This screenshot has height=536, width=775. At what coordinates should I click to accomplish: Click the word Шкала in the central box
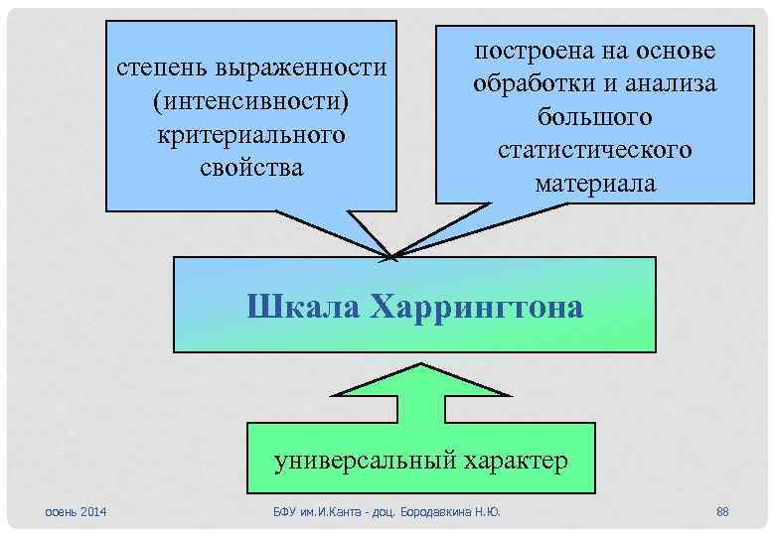point(301,307)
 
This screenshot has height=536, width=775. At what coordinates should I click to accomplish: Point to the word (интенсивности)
point(251,101)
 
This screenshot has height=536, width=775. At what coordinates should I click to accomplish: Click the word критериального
point(251,134)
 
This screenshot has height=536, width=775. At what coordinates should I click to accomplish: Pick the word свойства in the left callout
point(251,167)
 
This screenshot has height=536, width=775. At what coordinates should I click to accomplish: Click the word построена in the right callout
point(535,51)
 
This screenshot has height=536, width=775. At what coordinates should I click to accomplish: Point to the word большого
point(595,117)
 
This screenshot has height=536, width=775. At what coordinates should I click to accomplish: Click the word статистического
point(595,150)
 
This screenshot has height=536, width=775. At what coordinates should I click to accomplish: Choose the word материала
point(595,184)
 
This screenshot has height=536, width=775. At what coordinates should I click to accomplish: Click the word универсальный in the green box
point(369,460)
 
